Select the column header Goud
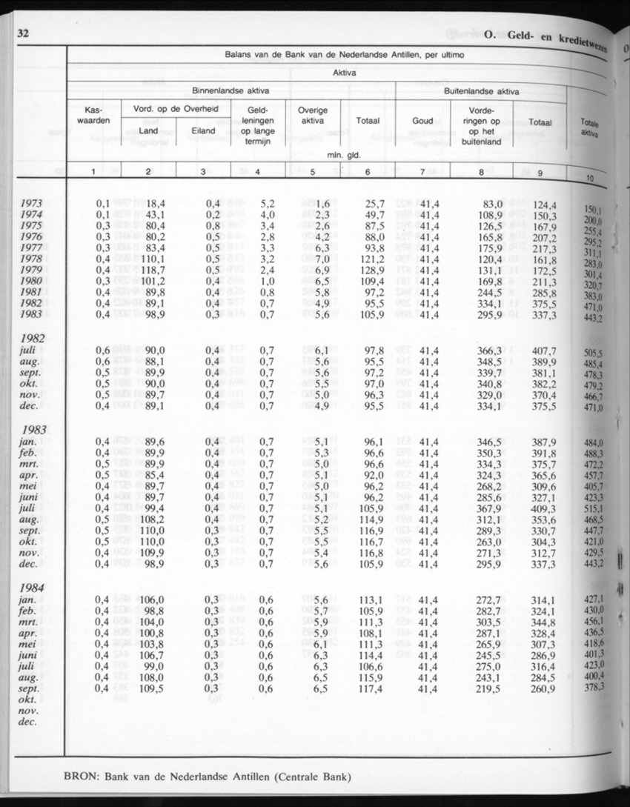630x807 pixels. (x=422, y=122)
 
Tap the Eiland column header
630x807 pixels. (x=202, y=131)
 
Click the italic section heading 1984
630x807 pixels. (x=34, y=588)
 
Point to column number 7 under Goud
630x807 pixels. (x=422, y=173)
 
